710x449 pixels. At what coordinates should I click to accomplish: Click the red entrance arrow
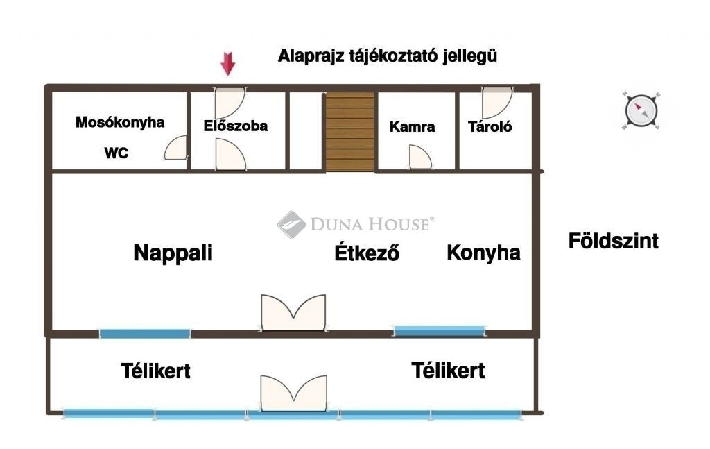pos(227,65)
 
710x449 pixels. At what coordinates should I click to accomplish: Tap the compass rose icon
pos(639,110)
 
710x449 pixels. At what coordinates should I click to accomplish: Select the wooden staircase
pos(349,132)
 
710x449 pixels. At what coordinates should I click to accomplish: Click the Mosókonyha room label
pos(120,123)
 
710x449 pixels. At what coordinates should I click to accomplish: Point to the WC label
pos(116,153)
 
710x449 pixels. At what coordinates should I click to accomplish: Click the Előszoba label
pos(236,126)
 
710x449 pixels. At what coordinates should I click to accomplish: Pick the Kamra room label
pos(413,127)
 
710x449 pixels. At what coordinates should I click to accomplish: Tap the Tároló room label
pos(490,127)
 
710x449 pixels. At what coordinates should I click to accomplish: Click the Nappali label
pos(173,253)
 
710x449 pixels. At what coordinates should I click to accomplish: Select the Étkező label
pos(367,253)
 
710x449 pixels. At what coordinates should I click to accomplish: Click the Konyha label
pos(483,253)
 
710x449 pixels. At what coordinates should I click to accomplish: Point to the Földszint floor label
pos(613,242)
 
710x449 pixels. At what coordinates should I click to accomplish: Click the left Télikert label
pos(155,371)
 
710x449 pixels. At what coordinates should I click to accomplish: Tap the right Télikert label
pos(448,371)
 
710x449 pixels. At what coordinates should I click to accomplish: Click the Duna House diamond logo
pos(292,224)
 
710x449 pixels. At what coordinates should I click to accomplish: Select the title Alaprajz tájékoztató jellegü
pos(388,56)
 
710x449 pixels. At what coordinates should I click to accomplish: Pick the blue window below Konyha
pos(438,330)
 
